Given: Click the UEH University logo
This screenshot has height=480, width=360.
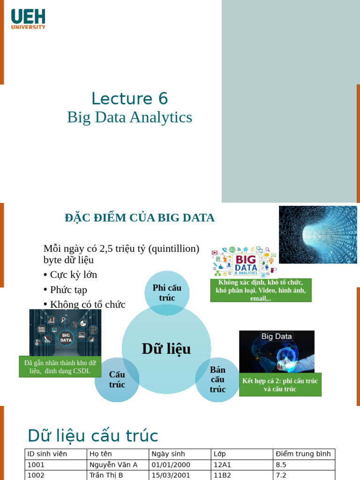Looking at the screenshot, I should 28,19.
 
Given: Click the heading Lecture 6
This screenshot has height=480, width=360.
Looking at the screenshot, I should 129,98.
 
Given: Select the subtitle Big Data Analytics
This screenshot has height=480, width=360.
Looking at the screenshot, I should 129,117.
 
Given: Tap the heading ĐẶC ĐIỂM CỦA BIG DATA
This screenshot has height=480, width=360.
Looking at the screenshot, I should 139,218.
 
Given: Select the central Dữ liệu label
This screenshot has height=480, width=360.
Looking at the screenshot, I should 166,349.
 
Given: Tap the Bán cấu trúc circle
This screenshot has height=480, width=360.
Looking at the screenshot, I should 217,380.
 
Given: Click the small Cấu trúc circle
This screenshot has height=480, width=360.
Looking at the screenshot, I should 117,380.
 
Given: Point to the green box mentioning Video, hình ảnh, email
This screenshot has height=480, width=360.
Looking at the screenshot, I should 261,290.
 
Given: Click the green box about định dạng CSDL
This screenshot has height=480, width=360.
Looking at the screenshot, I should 60,367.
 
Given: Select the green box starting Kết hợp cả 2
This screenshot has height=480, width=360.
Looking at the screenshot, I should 280,385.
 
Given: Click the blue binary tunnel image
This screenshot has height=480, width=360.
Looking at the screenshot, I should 318,234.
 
